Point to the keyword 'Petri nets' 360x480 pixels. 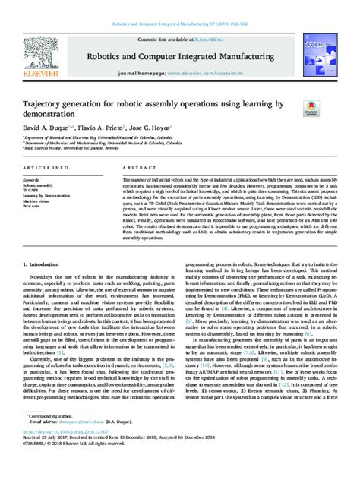33,204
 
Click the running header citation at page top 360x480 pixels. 179,6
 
